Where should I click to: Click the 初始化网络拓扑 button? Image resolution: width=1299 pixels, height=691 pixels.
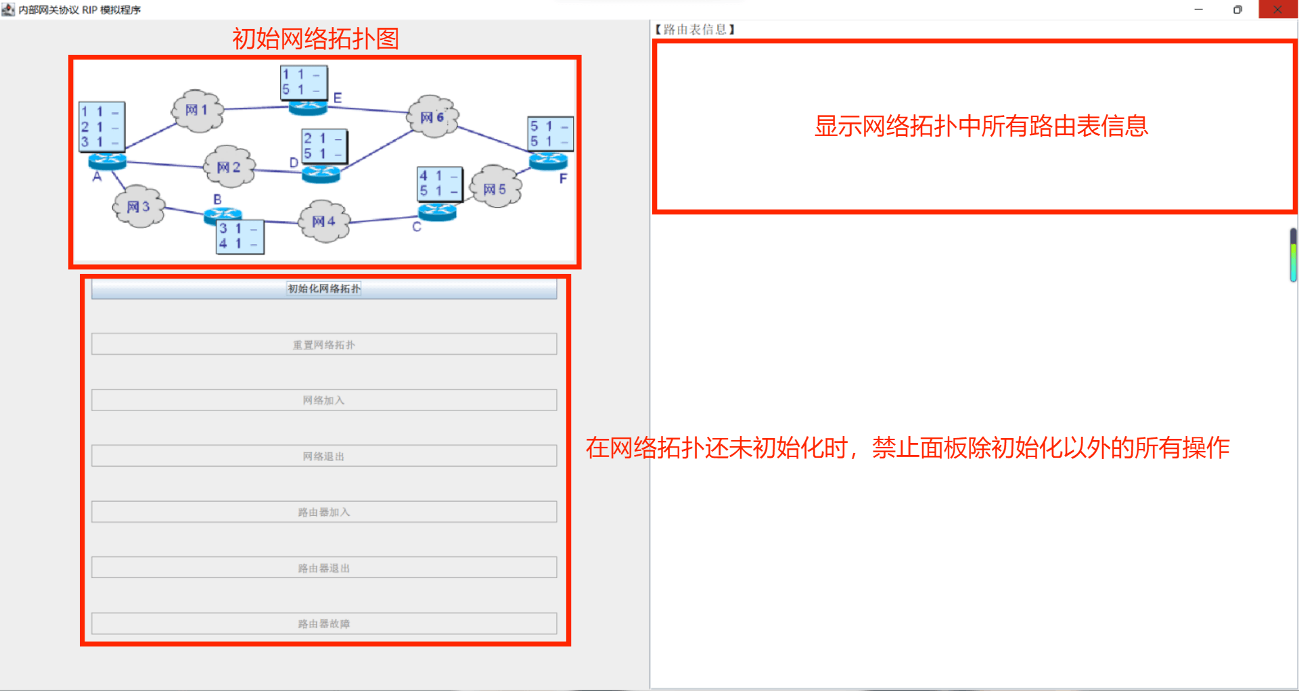click(x=324, y=289)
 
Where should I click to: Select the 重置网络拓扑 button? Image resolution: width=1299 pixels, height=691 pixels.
click(x=324, y=344)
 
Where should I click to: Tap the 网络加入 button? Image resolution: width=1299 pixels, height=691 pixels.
click(x=324, y=400)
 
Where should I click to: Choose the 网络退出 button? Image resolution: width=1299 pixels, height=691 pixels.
click(x=324, y=456)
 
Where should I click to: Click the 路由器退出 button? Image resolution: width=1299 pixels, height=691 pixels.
click(x=324, y=568)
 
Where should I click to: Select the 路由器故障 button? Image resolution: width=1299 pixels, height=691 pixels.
click(x=324, y=623)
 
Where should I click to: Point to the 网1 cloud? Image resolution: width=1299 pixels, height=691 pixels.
click(x=197, y=110)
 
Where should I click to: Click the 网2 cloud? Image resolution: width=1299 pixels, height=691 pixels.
click(x=229, y=167)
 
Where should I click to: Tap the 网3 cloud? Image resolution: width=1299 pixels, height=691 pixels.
click(x=139, y=206)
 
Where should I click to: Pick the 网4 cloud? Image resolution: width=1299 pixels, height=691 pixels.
click(x=324, y=221)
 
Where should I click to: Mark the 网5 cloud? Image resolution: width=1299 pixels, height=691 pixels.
click(x=495, y=189)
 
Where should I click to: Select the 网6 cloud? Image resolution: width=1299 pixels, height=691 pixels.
click(x=432, y=117)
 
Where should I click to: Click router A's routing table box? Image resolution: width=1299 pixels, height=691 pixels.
click(x=101, y=126)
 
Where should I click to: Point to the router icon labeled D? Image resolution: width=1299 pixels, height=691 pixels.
click(x=321, y=174)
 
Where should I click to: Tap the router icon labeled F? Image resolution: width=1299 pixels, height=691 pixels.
click(x=548, y=161)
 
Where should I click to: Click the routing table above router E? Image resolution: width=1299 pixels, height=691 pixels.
click(x=304, y=82)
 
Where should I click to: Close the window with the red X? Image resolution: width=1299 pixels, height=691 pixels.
click(x=1277, y=9)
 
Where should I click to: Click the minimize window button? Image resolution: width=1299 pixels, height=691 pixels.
click(x=1199, y=9)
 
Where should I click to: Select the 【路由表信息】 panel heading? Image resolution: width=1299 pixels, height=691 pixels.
click(x=695, y=29)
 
